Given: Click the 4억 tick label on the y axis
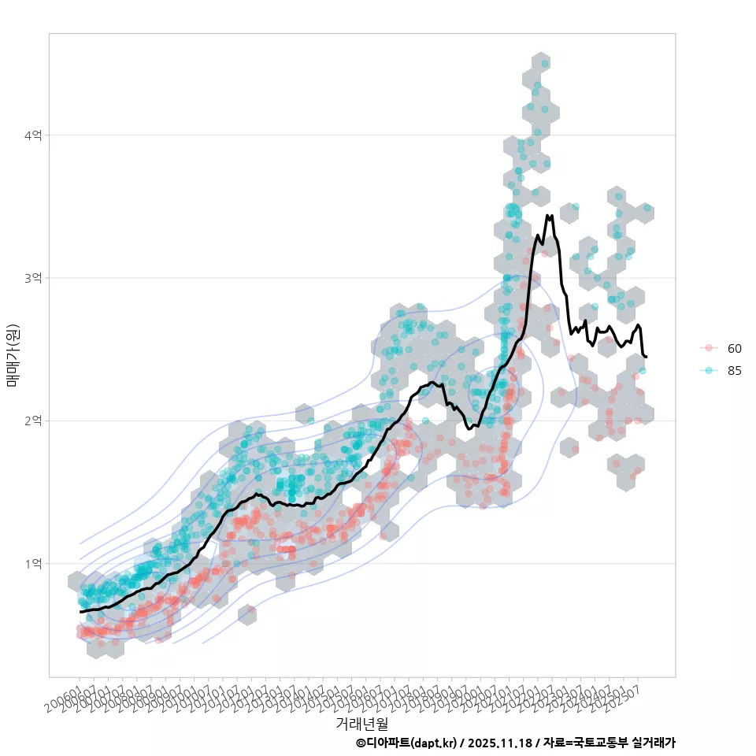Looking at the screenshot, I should pos(33,135).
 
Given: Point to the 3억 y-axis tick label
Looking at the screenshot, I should pos(33,278).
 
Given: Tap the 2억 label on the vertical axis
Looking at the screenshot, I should pos(33,421).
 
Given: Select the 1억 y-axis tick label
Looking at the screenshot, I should pos(33,564).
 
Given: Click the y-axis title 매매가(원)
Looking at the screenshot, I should pos(13,354).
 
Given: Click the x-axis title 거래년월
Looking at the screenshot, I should pos(361,722).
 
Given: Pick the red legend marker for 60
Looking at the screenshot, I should pos(709,348).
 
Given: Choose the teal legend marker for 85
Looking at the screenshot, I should pos(709,371).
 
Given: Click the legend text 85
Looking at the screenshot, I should pos(735,371).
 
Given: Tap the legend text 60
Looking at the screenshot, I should pos(735,348).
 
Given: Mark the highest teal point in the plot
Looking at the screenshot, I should pos(545,63).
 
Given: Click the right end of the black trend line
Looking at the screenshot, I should pos(646,357).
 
